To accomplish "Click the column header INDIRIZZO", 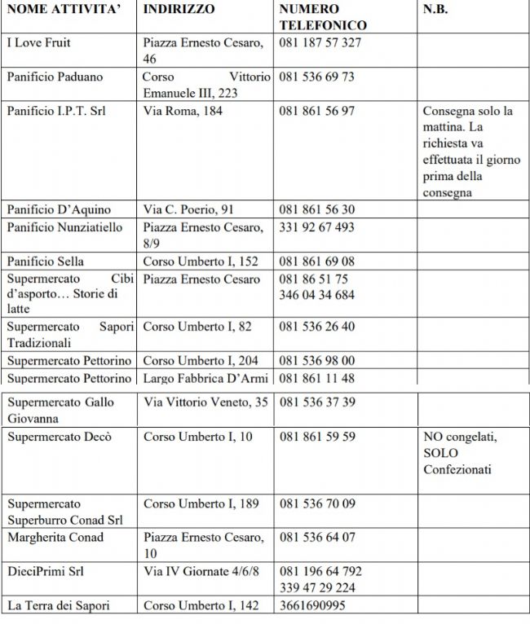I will [179, 10].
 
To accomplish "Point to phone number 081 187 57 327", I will [320, 42].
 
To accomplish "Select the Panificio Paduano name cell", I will [55, 77].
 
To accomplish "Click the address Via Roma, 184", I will [183, 111].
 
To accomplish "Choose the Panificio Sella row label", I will [46, 261].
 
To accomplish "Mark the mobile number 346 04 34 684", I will [316, 295].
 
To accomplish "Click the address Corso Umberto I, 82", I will [197, 327].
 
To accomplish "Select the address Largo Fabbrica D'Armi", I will [205, 378].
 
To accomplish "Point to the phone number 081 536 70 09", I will [316, 504].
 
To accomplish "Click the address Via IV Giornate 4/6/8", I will [201, 572].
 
